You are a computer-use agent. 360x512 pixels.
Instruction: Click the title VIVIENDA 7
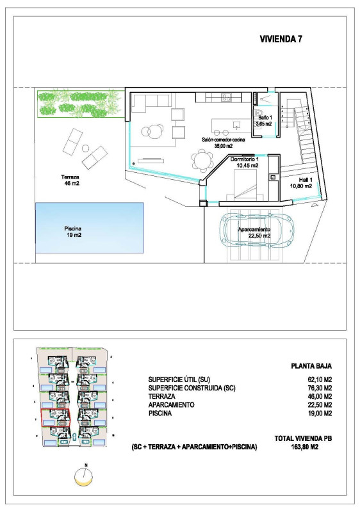[x=281, y=39]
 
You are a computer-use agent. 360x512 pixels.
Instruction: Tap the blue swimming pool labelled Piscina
[x=89, y=228]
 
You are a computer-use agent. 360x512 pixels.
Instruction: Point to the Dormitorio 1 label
[x=245, y=162]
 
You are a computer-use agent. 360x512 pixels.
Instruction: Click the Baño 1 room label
[x=265, y=121]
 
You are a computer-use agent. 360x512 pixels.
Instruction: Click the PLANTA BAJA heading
[x=311, y=367]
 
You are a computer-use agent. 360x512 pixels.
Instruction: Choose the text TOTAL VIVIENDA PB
[x=303, y=438]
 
